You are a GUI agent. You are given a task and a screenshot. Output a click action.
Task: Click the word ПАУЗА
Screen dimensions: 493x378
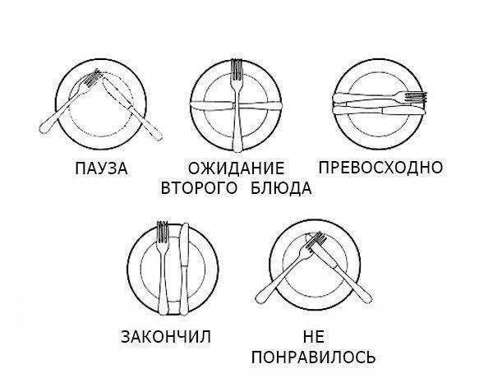(x=101, y=168)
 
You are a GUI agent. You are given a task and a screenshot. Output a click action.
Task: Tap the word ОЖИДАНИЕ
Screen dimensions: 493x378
(x=236, y=168)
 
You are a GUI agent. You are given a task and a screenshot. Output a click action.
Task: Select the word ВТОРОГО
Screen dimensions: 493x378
(x=199, y=188)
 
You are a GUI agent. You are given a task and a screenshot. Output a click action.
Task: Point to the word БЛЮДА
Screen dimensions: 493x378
(x=281, y=188)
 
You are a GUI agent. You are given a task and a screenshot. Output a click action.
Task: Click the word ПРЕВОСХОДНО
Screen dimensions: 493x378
(x=380, y=167)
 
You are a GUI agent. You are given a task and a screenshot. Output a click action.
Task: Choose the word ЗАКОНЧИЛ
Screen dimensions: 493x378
(x=166, y=337)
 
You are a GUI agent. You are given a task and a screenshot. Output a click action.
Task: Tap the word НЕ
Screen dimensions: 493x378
(x=314, y=337)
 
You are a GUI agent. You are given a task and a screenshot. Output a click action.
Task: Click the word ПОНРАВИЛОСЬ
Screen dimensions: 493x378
(x=314, y=357)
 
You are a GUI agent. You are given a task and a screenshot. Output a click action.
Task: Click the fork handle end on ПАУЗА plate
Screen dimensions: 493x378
(x=44, y=130)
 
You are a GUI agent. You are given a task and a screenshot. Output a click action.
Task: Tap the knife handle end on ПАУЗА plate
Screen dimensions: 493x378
(x=158, y=136)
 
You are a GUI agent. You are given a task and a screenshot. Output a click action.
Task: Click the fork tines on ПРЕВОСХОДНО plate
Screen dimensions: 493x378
(x=416, y=96)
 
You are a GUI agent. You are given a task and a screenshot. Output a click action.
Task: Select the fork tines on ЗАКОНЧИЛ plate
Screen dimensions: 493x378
(x=162, y=232)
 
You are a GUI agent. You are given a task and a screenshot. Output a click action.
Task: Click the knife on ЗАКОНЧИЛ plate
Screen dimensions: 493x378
(x=184, y=270)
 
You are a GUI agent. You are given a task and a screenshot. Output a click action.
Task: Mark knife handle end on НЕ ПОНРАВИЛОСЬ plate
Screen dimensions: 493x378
(x=367, y=298)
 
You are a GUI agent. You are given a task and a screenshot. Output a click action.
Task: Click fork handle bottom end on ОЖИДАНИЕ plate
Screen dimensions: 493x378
(x=237, y=147)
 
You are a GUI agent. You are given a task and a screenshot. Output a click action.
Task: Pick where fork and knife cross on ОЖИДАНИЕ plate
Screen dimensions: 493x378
(x=237, y=106)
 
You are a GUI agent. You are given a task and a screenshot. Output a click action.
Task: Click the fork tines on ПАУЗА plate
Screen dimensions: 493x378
(x=94, y=78)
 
